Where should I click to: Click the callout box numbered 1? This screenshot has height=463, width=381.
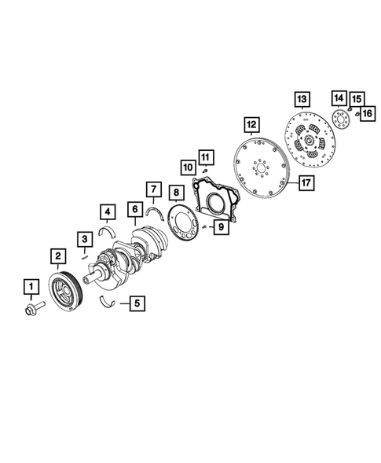(31, 285)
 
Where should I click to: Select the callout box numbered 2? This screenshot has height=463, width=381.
(57, 255)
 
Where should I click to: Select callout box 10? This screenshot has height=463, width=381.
(189, 167)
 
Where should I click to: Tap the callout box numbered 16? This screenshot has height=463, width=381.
(367, 112)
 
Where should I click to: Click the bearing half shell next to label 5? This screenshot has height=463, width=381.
(110, 300)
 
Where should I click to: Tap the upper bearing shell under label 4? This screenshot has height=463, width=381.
(110, 230)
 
